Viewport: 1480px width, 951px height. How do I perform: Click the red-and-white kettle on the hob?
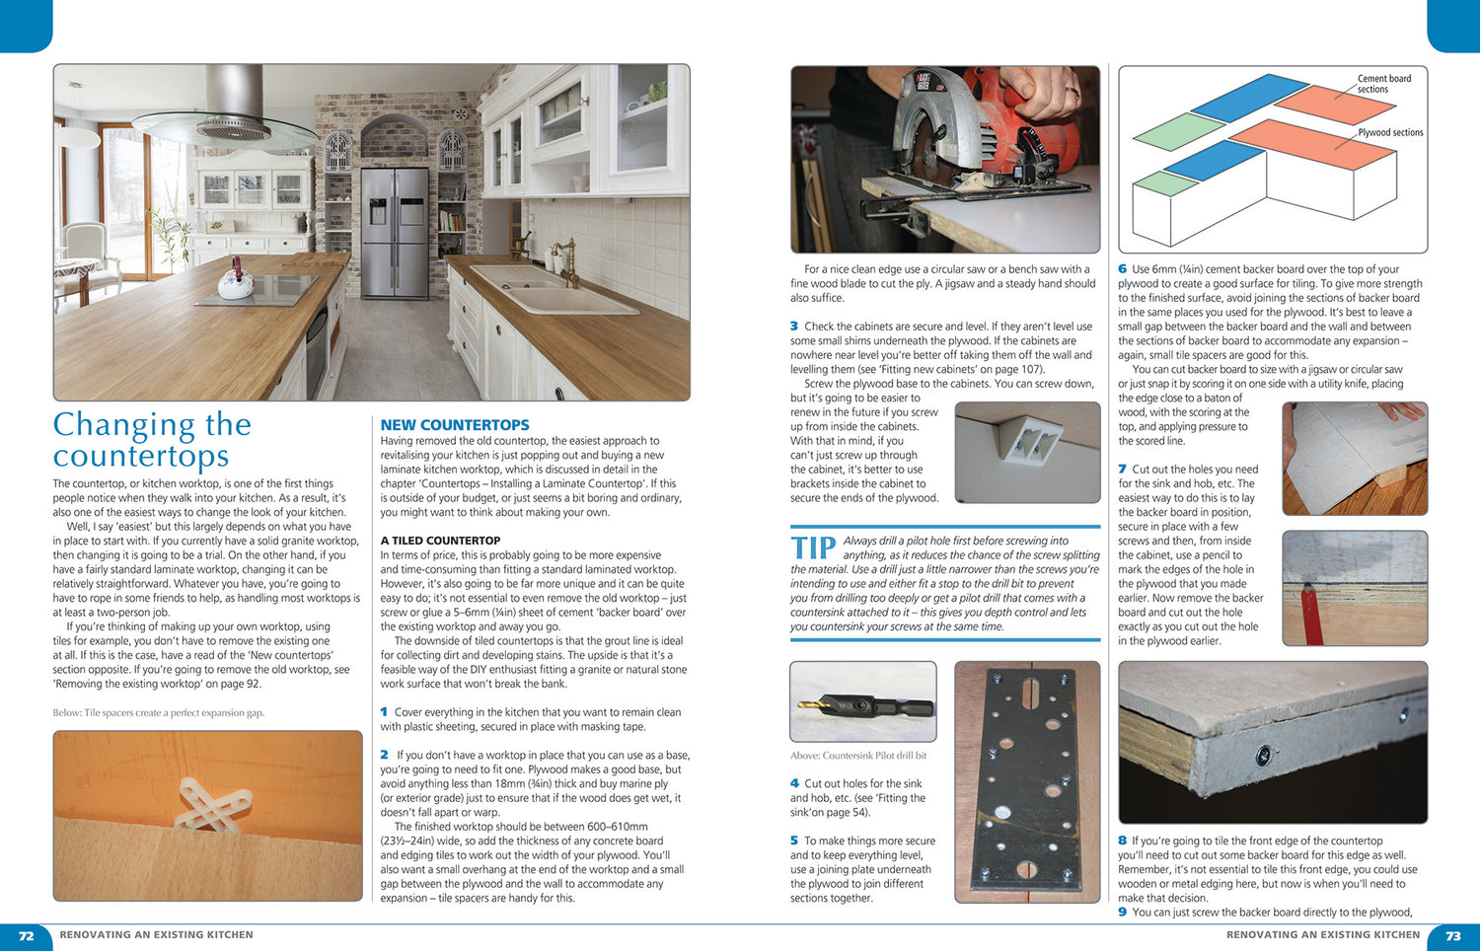click(236, 279)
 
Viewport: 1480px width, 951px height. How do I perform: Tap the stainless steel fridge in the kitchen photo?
click(395, 219)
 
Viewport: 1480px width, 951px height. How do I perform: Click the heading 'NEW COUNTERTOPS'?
click(455, 425)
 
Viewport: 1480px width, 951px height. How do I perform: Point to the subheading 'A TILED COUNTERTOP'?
click(440, 541)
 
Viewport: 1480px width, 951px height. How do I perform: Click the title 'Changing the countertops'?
click(152, 440)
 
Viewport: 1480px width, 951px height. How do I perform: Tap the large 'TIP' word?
click(813, 549)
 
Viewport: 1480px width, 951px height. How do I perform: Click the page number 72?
click(27, 935)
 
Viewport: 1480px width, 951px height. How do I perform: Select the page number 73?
click(1452, 935)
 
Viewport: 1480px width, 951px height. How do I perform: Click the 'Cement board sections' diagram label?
click(1383, 84)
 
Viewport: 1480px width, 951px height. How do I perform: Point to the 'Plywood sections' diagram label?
click(1390, 132)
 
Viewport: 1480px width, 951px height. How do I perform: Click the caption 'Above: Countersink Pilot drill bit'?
click(858, 756)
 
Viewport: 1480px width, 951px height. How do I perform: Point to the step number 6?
click(1123, 268)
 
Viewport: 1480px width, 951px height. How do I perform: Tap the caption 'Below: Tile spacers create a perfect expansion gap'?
click(159, 712)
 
